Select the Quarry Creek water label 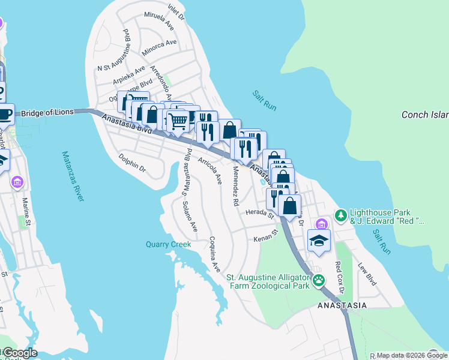pos(168,244)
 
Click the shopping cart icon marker pos(178,121)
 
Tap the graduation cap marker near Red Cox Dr pos(319,241)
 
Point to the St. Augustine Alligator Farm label pos(268,281)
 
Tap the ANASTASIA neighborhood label pos(342,305)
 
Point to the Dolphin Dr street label pos(132,164)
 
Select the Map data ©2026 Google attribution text pos(406,355)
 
